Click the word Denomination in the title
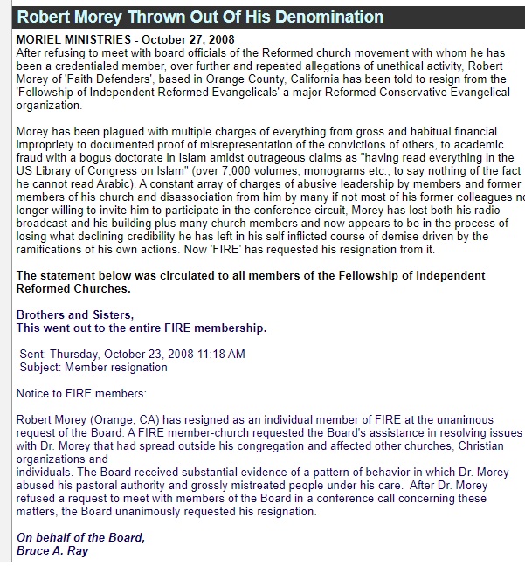pyautogui.click(x=326, y=17)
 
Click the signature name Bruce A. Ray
pyautogui.click(x=52, y=551)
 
